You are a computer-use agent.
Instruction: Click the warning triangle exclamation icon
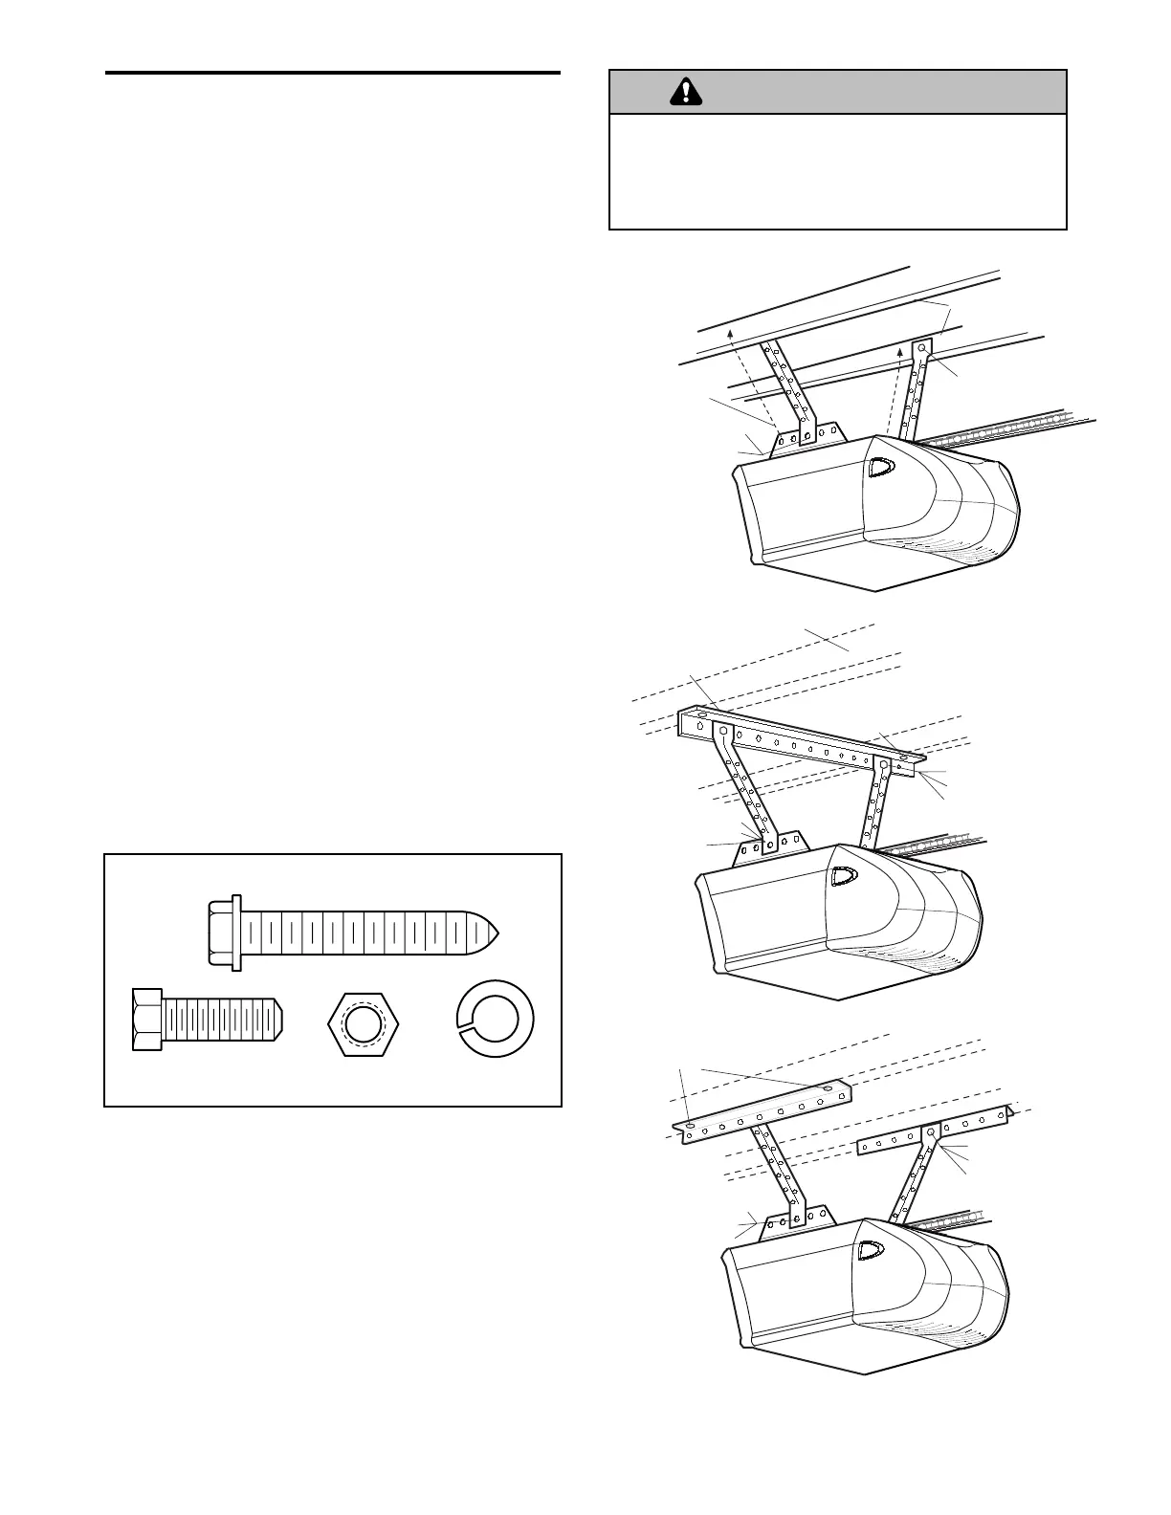[685, 91]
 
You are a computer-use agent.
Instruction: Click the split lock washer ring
[496, 1021]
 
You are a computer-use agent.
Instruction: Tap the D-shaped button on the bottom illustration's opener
[871, 1250]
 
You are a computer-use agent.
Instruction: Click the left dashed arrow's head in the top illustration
[730, 331]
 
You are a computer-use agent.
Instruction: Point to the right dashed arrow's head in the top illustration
[900, 352]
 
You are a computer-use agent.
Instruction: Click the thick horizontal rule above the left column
[332, 73]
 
